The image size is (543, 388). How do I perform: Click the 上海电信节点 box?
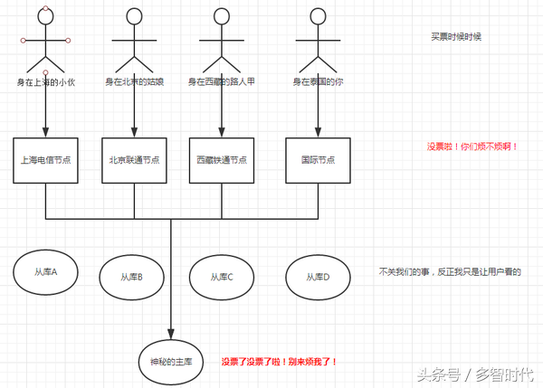(45, 160)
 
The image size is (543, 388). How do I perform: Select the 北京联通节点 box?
(134, 160)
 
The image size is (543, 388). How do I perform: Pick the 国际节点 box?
(318, 160)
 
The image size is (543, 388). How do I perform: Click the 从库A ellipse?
(45, 272)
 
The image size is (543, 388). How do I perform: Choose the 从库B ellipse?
(134, 277)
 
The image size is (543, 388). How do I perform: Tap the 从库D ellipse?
(318, 277)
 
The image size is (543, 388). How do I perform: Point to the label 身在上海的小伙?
(45, 82)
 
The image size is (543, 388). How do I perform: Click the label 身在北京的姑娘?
(134, 82)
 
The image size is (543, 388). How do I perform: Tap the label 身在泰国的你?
(318, 82)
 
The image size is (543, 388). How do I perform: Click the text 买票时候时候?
(456, 37)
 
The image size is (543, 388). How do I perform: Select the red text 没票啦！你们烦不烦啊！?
(472, 147)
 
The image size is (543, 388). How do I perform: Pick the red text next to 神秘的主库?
(280, 361)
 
